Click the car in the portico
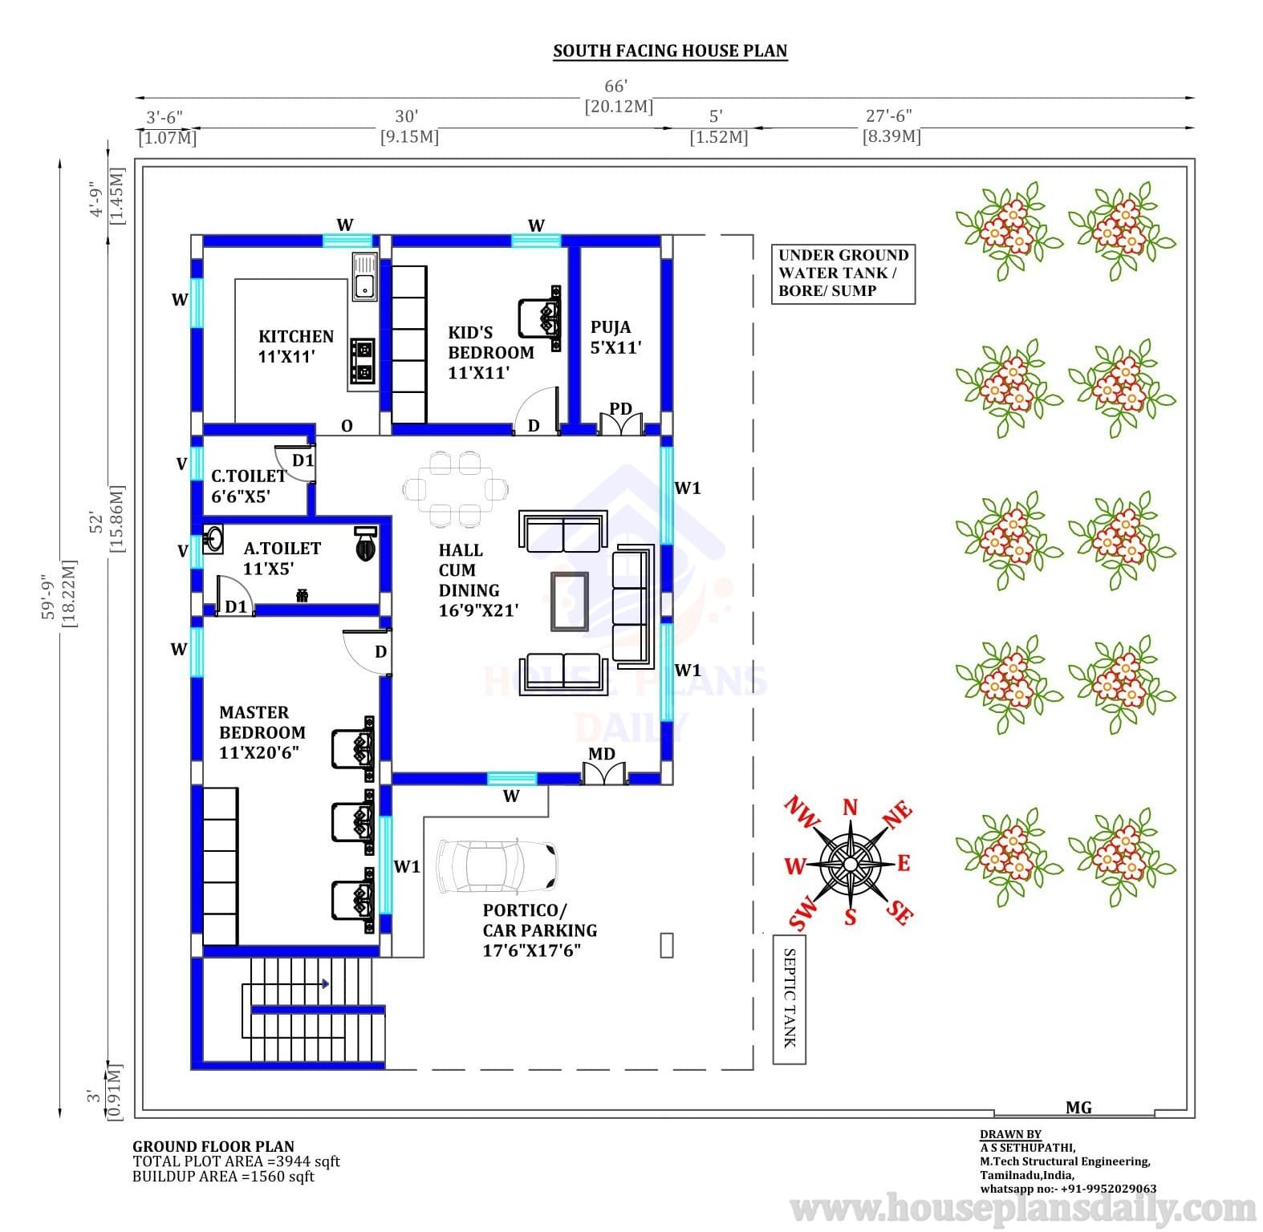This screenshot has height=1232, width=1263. pyautogui.click(x=497, y=867)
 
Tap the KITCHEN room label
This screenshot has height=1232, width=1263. pyautogui.click(x=295, y=337)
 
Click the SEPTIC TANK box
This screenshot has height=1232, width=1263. pyautogui.click(x=789, y=999)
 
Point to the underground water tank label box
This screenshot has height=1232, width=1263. pyautogui.click(x=843, y=274)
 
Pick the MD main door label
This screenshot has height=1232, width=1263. pyautogui.click(x=602, y=754)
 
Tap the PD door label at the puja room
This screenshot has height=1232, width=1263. pyautogui.click(x=620, y=409)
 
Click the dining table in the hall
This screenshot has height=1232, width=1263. pyautogui.click(x=456, y=488)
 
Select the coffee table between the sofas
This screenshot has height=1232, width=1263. pyautogui.click(x=569, y=601)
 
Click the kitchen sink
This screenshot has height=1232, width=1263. pyautogui.click(x=363, y=278)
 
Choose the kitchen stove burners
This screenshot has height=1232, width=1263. pyautogui.click(x=363, y=360)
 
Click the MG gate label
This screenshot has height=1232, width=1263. pyautogui.click(x=1078, y=1107)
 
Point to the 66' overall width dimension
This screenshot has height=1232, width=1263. pyautogui.click(x=615, y=86)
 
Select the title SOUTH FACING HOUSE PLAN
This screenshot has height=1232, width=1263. pyautogui.click(x=670, y=51)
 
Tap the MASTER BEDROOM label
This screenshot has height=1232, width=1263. pyautogui.click(x=262, y=722)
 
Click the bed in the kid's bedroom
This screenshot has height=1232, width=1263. pyautogui.click(x=539, y=318)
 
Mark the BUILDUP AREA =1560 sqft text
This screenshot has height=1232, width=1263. pyautogui.click(x=223, y=1176)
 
